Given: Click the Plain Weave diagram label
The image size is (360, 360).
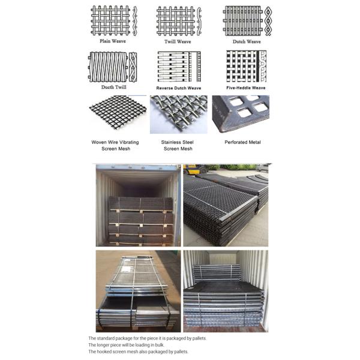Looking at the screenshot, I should (113, 41).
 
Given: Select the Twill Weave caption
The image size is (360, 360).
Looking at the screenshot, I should (178, 42).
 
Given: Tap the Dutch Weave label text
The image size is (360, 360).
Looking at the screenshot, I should (247, 42).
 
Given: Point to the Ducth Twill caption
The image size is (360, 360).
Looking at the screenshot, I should (113, 88).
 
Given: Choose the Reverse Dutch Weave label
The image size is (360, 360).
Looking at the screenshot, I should (178, 88).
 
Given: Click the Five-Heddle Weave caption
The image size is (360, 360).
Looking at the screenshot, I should (247, 88).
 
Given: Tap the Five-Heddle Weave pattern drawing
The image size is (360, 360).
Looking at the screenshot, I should (243, 66).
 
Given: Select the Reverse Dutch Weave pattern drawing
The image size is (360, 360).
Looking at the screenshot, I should (175, 66).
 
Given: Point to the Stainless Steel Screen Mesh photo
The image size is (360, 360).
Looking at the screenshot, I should (178, 115).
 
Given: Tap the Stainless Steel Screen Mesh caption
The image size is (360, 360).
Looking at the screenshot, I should (178, 145).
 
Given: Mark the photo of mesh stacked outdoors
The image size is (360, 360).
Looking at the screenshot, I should (226, 205).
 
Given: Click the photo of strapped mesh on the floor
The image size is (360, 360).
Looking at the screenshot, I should (137, 290).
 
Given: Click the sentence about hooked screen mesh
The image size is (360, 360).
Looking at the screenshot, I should (138, 352).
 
